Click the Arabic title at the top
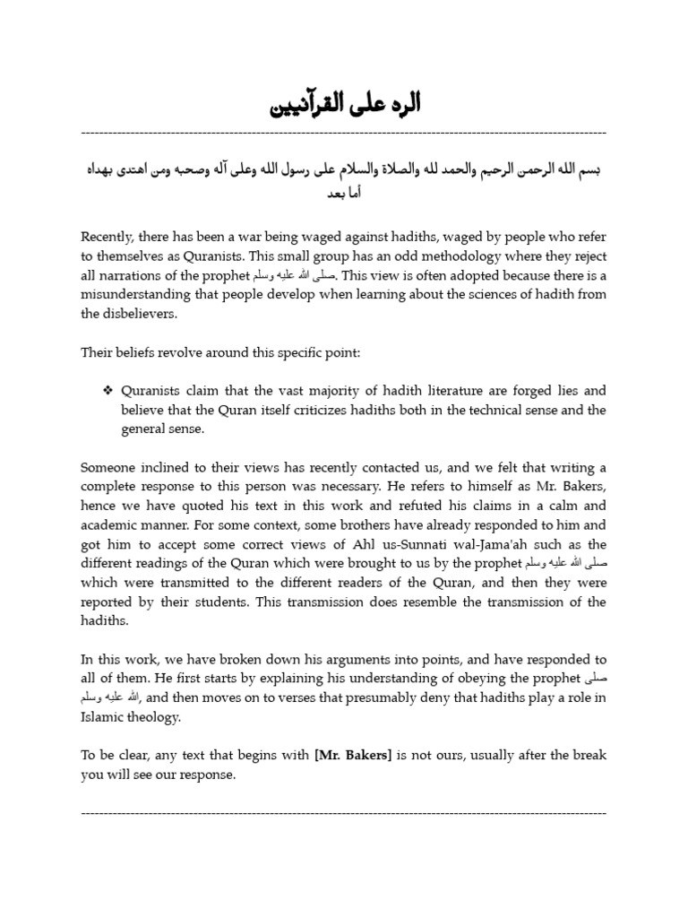click(x=344, y=106)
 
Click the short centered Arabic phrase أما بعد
click(x=344, y=194)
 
